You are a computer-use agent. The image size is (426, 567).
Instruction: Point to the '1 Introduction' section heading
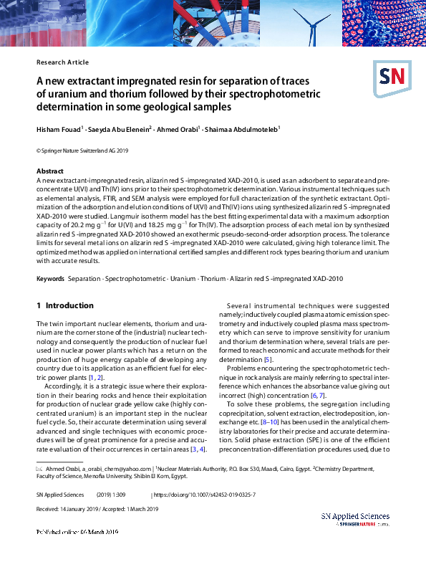pyautogui.click(x=65, y=305)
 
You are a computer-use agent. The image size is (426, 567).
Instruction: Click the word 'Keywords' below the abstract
pyautogui.click(x=51, y=278)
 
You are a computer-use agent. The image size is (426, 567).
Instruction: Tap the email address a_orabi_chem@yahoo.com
pyautogui.click(x=112, y=448)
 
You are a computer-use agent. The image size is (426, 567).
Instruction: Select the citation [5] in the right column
pyautogui.click(x=268, y=379)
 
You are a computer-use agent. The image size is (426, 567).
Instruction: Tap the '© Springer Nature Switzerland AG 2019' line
pyautogui.click(x=81, y=151)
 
